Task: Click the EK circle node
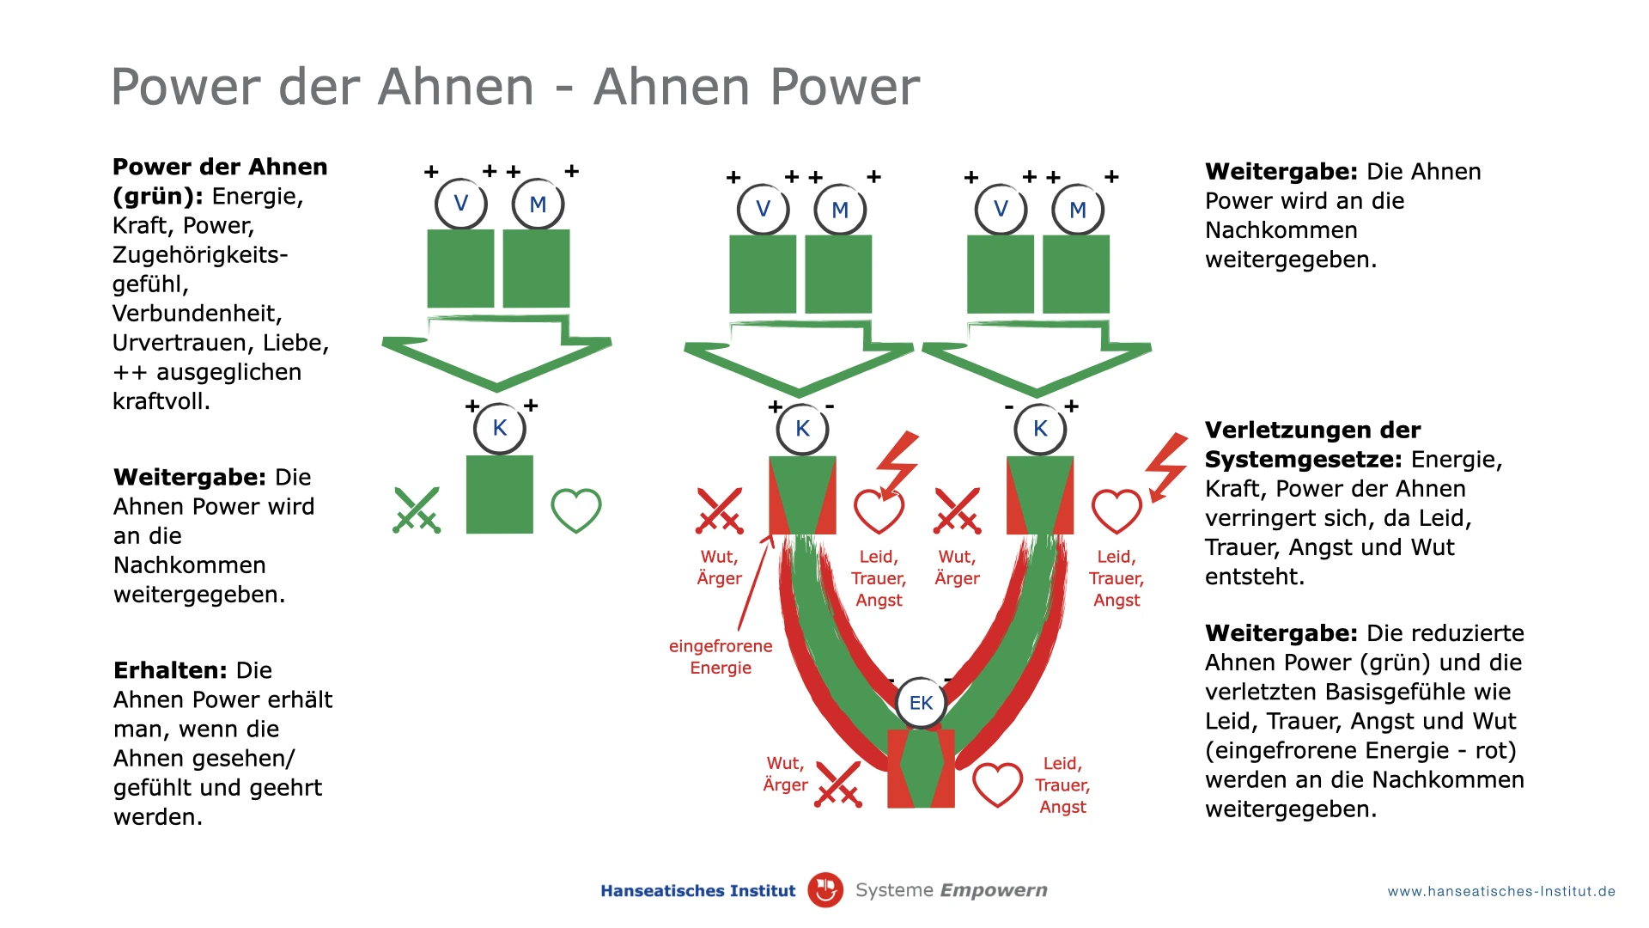[x=921, y=703]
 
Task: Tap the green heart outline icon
[x=575, y=510]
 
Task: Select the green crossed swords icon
[x=417, y=510]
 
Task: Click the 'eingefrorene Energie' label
[x=721, y=656]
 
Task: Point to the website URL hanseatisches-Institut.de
[x=1501, y=892]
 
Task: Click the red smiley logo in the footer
[x=825, y=890]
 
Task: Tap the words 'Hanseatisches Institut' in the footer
[x=697, y=891]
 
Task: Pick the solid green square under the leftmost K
[x=499, y=495]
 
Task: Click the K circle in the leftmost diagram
[x=499, y=428]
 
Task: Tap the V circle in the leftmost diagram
[x=461, y=204]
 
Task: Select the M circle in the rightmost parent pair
[x=1078, y=210]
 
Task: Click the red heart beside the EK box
[x=997, y=785]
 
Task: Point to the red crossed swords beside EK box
[x=838, y=785]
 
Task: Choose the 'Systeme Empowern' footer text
[x=951, y=890]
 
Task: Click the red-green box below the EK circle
[x=921, y=769]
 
